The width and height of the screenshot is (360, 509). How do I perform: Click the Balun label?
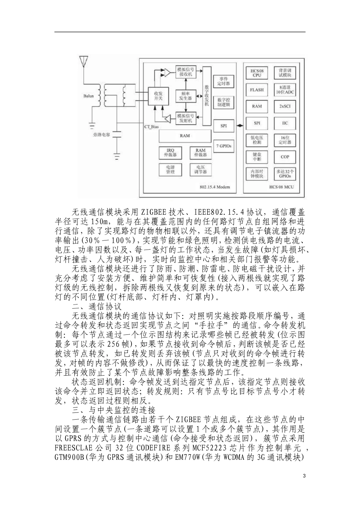coord(88,96)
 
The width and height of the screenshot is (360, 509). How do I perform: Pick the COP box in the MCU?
coord(285,157)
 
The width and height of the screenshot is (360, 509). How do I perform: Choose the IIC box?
coord(285,123)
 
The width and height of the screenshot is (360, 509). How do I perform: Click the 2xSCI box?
coord(285,106)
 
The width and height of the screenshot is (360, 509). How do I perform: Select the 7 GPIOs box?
coord(224,145)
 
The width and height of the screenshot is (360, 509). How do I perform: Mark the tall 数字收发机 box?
coord(207,96)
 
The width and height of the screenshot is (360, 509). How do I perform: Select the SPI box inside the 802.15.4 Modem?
coord(224,125)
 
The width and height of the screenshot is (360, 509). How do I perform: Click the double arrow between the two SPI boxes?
coord(239,125)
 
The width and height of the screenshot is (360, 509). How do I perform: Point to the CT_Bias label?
coord(151,127)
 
